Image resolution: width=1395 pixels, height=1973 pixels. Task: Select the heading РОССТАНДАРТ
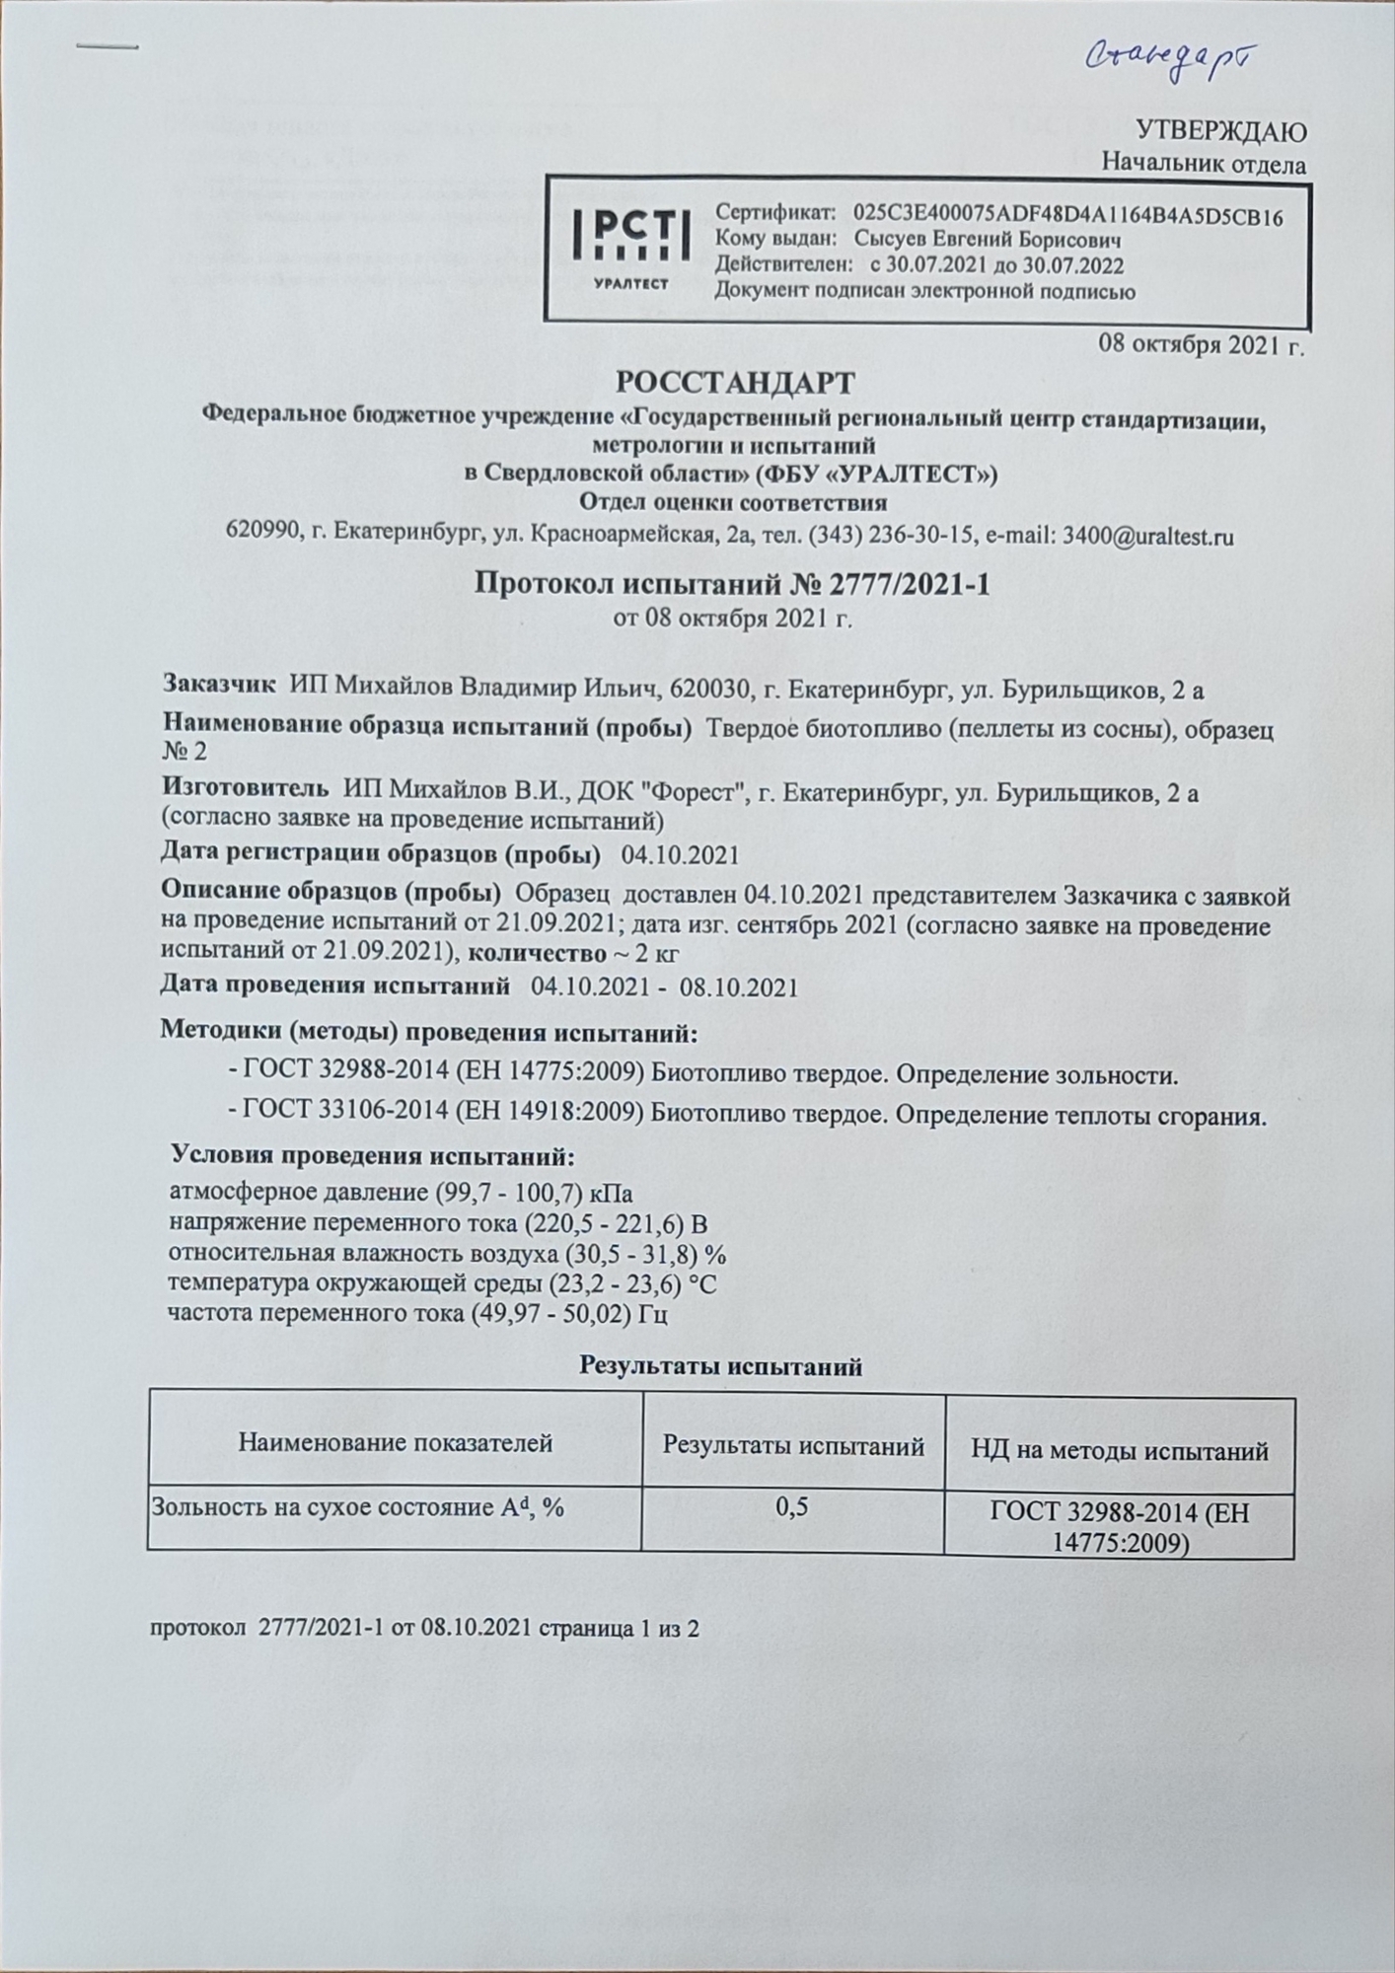[x=736, y=382]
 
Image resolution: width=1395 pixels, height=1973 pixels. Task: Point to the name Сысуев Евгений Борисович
[x=987, y=241]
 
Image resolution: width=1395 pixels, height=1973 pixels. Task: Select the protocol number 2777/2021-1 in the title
[x=904, y=586]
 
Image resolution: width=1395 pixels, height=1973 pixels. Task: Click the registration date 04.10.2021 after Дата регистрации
[x=680, y=854]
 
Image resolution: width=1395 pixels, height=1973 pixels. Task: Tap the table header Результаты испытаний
[x=792, y=1446]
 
